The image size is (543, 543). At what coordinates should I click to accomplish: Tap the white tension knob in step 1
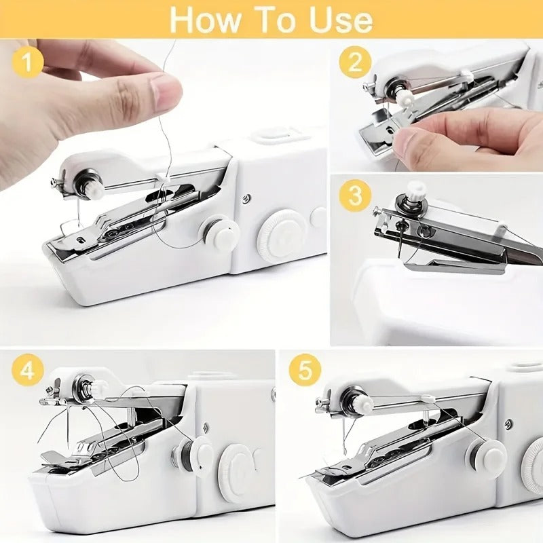coord(94,188)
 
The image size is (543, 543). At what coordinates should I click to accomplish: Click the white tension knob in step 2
coord(406,99)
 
